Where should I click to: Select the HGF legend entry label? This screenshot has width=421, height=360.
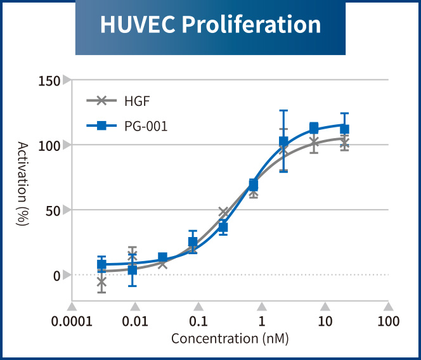pyautogui.click(x=137, y=100)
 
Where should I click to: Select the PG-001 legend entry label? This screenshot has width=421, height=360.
pyautogui.click(x=146, y=125)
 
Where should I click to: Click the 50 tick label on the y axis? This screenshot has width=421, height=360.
pyautogui.click(x=56, y=210)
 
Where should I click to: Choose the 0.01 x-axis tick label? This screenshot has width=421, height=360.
pyautogui.click(x=135, y=321)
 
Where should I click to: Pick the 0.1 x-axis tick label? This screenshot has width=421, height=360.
pyautogui.click(x=198, y=321)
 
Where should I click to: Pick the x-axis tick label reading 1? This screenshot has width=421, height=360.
pyautogui.click(x=262, y=321)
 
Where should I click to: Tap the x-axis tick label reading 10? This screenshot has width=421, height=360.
pyautogui.click(x=325, y=321)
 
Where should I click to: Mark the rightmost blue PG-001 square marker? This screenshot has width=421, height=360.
pyautogui.click(x=344, y=129)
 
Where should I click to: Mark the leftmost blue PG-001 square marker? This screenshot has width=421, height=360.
pyautogui.click(x=101, y=264)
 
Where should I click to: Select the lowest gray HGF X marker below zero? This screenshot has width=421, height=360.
pyautogui.click(x=101, y=283)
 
